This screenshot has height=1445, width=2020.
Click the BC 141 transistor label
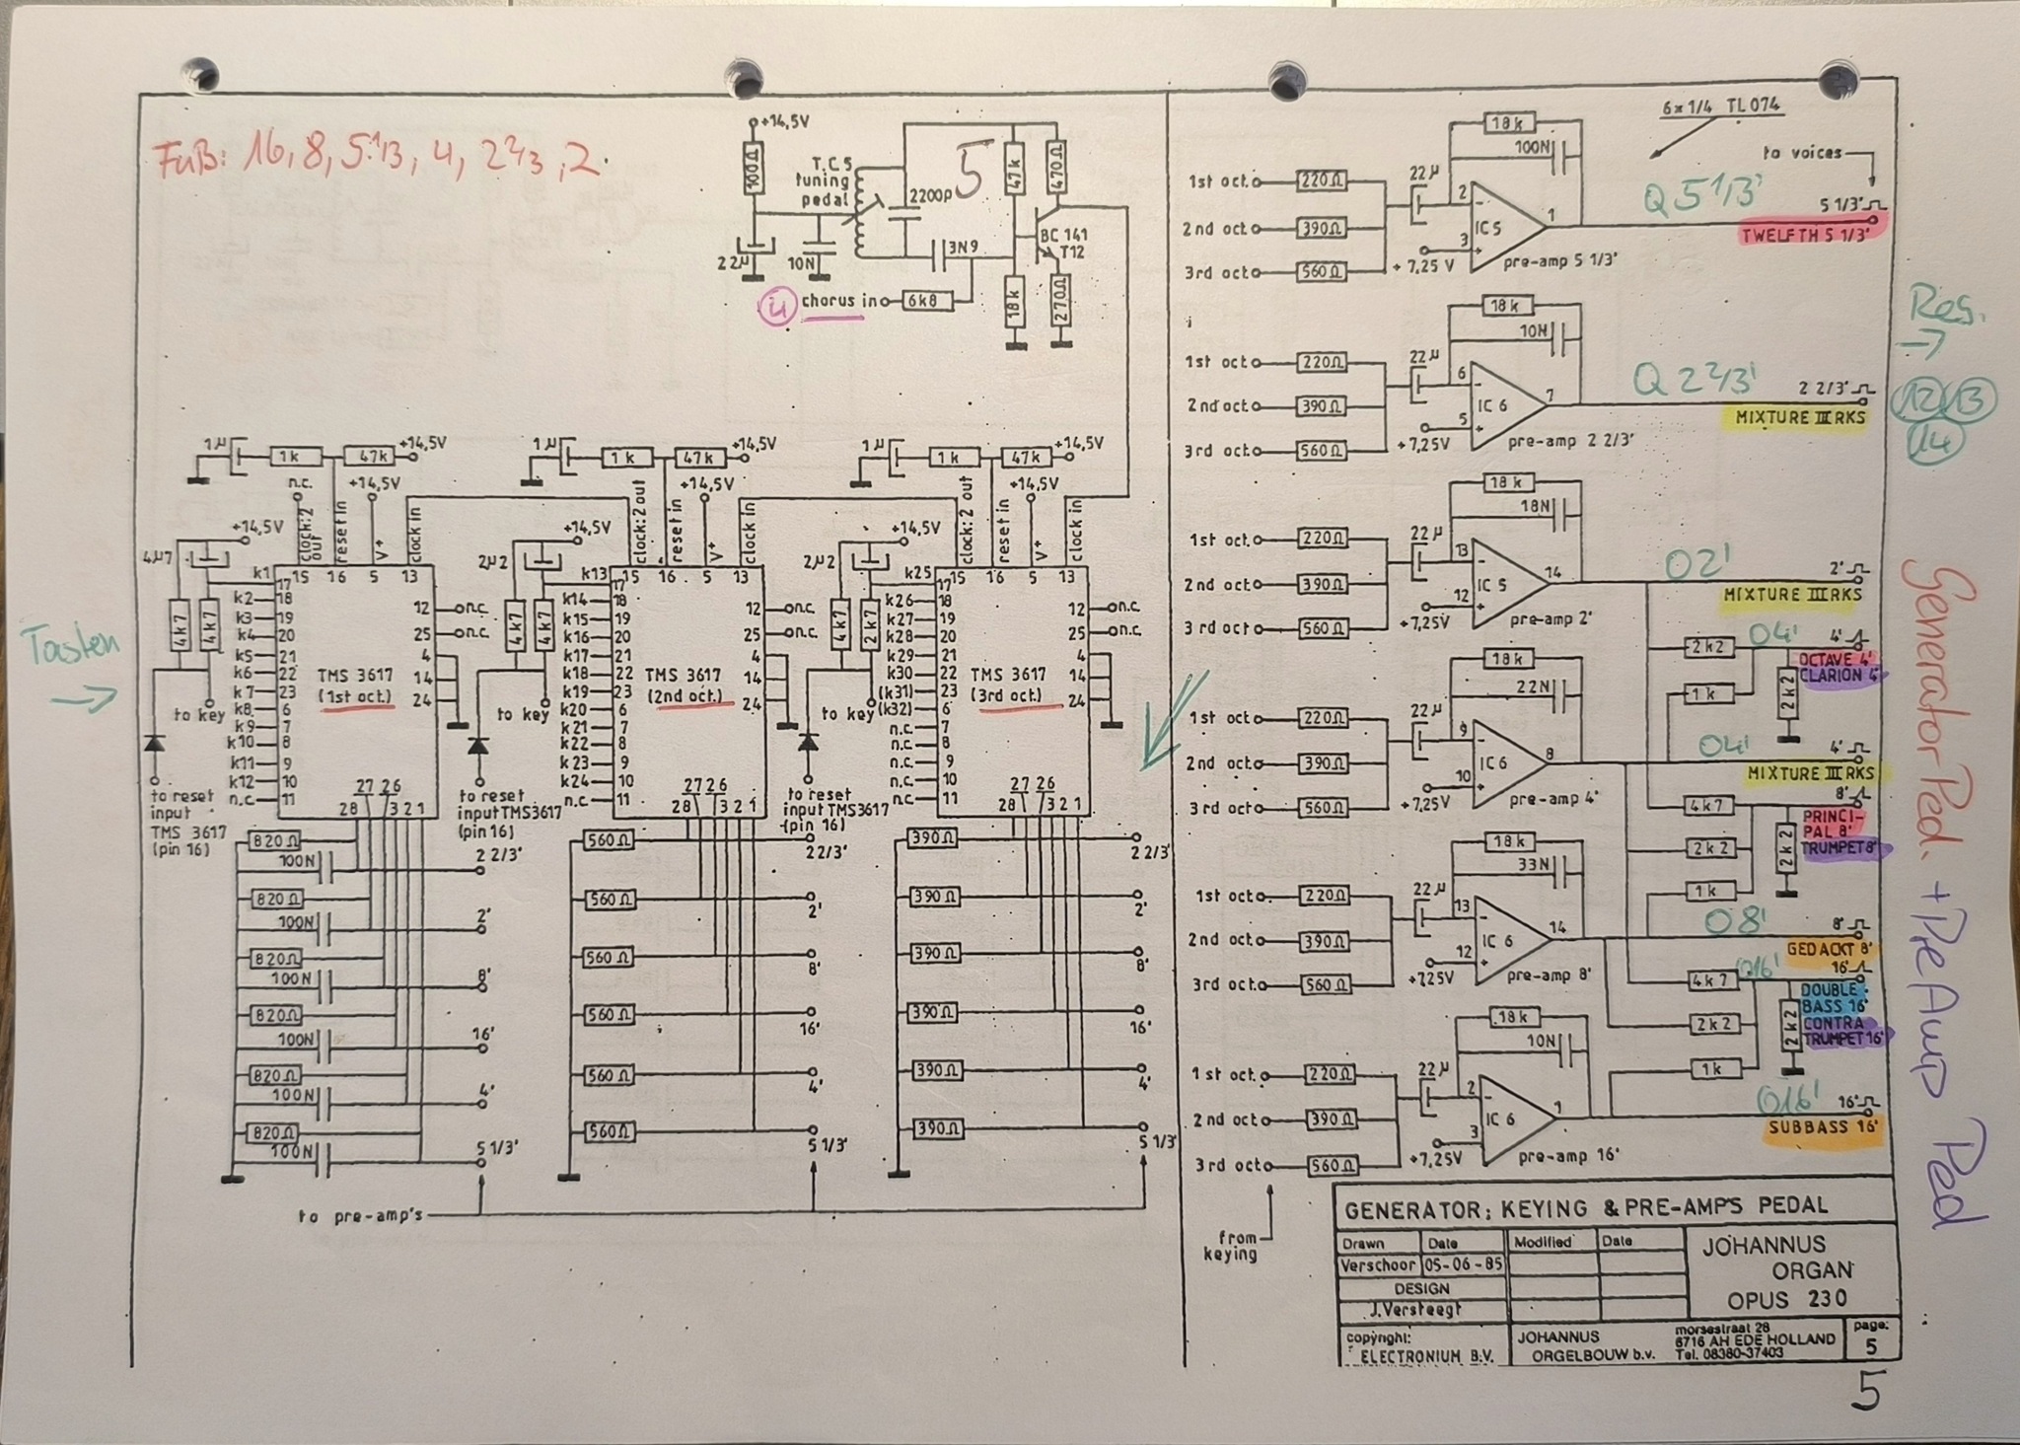(x=1063, y=237)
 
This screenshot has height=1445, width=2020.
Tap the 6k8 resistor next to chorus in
(x=928, y=300)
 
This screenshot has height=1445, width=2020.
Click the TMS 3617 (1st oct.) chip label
(x=354, y=686)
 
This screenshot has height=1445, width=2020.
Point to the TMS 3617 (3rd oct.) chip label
(x=1008, y=684)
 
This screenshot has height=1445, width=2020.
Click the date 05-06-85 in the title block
(x=1463, y=1264)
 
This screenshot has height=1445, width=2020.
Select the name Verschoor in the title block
(x=1377, y=1264)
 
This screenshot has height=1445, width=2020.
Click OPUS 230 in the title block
(x=1786, y=1298)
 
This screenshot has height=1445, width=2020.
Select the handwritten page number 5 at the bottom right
(x=1865, y=1392)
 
